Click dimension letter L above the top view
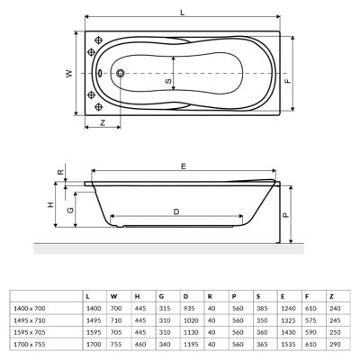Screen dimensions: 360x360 click(x=183, y=12)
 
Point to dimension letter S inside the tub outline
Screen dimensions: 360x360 click(x=167, y=81)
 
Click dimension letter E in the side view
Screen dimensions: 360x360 click(x=184, y=166)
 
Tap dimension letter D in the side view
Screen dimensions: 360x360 click(x=176, y=211)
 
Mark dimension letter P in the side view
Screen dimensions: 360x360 click(x=284, y=216)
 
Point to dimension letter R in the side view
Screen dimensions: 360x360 click(x=59, y=172)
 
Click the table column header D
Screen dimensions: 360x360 click(x=186, y=295)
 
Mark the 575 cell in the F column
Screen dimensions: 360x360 click(x=311, y=319)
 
